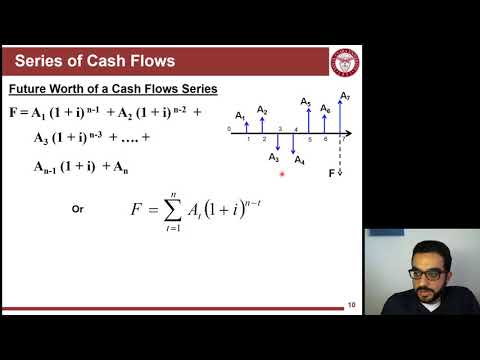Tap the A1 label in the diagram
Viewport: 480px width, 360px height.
(240, 116)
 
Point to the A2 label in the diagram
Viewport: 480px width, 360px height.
(262, 109)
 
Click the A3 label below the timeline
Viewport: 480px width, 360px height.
(274, 157)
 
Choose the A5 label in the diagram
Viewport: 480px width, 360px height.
(306, 104)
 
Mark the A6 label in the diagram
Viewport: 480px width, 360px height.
(325, 108)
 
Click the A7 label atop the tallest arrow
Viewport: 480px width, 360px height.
(345, 97)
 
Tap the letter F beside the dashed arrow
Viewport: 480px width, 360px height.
(332, 173)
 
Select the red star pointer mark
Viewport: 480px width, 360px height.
(283, 174)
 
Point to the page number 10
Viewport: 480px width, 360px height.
(352, 304)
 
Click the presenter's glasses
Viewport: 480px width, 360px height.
(427, 271)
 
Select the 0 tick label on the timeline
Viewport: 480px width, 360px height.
(229, 129)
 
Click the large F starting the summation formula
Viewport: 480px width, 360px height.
(138, 210)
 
